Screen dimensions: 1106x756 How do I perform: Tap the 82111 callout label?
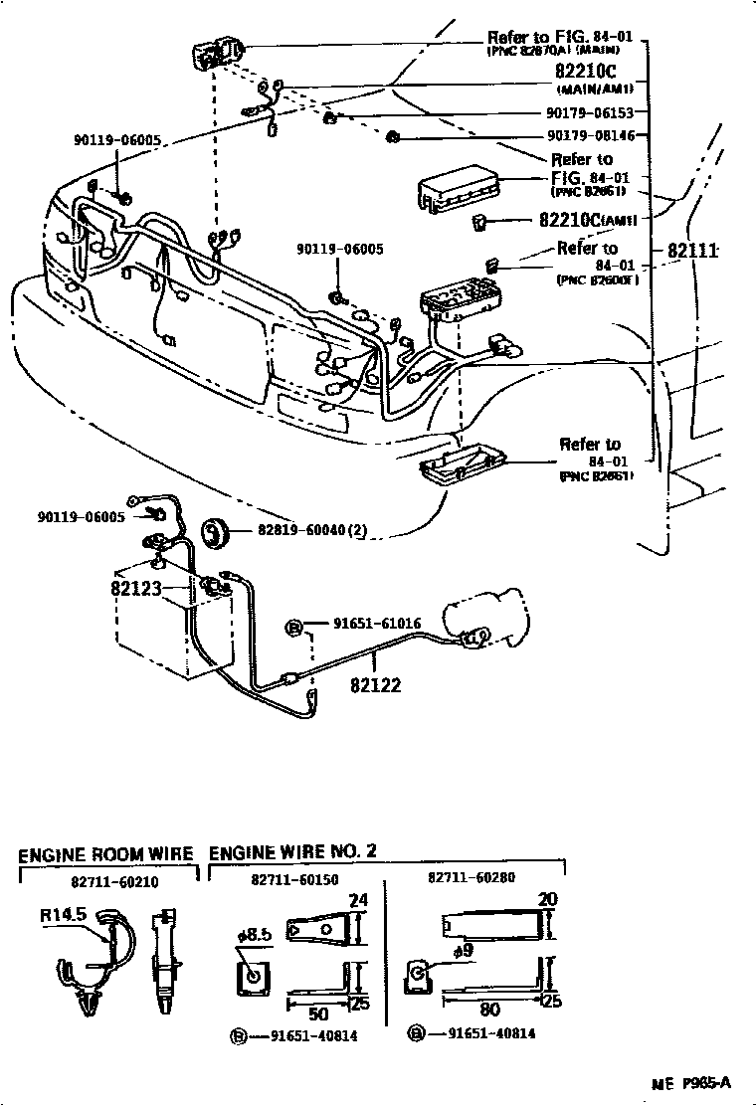point(692,251)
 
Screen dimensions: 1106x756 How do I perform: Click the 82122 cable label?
point(375,685)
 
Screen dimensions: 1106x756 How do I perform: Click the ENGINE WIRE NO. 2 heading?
point(292,852)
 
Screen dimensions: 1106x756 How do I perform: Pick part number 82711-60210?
point(114,881)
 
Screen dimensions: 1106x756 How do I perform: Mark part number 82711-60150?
point(294,880)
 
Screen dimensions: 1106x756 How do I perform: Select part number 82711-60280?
point(472,880)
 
